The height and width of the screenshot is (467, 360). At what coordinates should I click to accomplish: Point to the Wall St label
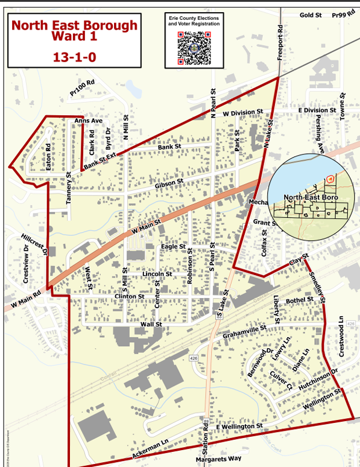click(x=151, y=324)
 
